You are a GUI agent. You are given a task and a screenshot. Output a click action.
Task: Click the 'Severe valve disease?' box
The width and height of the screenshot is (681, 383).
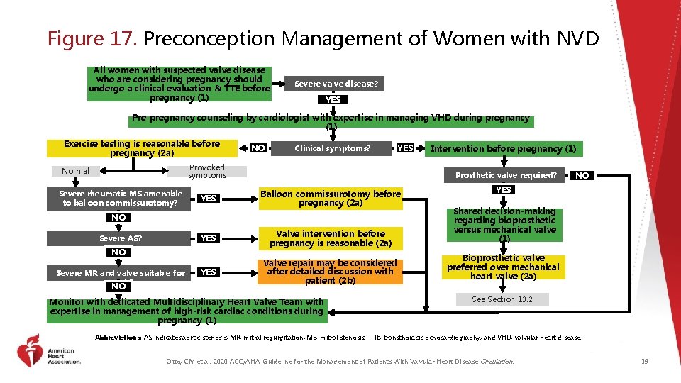click(336, 84)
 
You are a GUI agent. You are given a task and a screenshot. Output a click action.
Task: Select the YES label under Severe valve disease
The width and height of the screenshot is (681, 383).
click(333, 100)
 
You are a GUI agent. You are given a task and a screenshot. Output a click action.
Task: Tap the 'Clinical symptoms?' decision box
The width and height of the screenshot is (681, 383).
click(333, 148)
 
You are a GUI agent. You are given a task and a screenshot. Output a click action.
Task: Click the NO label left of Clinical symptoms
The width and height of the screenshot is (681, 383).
click(259, 148)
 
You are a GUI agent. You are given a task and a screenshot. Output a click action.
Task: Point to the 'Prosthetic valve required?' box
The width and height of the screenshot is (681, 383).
click(506, 175)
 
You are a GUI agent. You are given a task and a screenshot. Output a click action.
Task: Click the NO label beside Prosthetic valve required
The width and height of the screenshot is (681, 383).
click(582, 175)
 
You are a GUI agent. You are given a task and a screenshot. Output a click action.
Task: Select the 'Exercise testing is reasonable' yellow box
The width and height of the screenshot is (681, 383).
click(142, 148)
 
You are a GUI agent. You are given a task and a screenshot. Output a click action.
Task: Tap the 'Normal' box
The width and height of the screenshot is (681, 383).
click(75, 171)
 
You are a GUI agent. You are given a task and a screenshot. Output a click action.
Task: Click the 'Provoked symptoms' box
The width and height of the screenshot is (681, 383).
click(207, 171)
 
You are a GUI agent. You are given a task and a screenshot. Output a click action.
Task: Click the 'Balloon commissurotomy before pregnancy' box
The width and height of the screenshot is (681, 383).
click(331, 198)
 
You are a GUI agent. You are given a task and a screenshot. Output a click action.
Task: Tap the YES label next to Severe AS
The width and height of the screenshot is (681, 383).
click(208, 238)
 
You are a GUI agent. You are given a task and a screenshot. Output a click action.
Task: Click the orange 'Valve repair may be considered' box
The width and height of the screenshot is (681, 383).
click(330, 272)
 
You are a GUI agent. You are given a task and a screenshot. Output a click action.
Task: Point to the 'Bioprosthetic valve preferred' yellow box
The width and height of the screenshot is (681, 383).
click(503, 267)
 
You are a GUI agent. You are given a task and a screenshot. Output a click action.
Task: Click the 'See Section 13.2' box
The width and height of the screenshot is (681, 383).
click(502, 299)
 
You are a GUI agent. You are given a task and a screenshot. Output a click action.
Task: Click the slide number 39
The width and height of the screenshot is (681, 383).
click(644, 362)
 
